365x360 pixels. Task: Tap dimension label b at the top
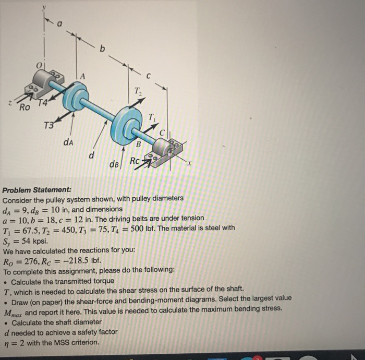(102, 50)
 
